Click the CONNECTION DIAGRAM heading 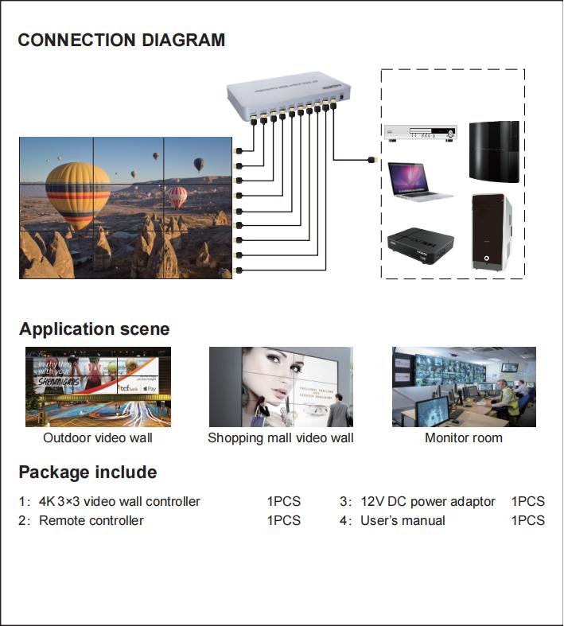[x=121, y=41]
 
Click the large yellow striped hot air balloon [x=77, y=194]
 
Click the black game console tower [x=493, y=152]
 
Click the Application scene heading [x=94, y=329]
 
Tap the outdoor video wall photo [x=98, y=387]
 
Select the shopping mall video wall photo [x=280, y=387]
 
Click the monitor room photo [x=464, y=387]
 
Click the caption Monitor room [x=464, y=437]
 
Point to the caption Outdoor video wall [x=98, y=437]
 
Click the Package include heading [x=88, y=472]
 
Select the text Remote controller [x=91, y=520]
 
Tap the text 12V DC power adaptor [x=428, y=501]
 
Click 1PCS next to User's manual [x=527, y=520]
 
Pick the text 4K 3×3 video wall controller [x=119, y=501]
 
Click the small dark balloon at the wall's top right [x=198, y=164]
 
